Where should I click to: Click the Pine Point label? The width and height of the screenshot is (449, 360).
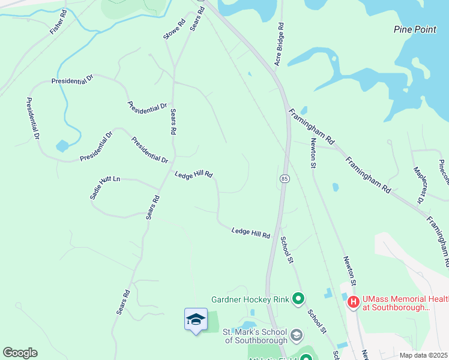(x=415, y=29)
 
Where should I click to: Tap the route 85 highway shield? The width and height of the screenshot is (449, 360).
(x=285, y=179)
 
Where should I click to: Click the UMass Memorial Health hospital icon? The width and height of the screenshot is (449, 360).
(x=354, y=302)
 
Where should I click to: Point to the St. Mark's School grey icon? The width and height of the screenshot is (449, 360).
(x=296, y=334)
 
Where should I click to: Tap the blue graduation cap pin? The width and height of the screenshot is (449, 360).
(x=196, y=320)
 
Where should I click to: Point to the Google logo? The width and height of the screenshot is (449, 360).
(x=20, y=353)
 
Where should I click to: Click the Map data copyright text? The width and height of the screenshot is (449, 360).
(x=424, y=355)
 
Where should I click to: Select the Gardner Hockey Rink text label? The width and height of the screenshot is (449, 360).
(x=250, y=299)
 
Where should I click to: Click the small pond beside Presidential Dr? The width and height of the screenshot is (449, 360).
(x=62, y=146)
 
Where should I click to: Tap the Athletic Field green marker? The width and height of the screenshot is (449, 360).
(x=306, y=358)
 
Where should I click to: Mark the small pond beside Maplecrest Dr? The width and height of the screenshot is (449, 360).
(x=335, y=187)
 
